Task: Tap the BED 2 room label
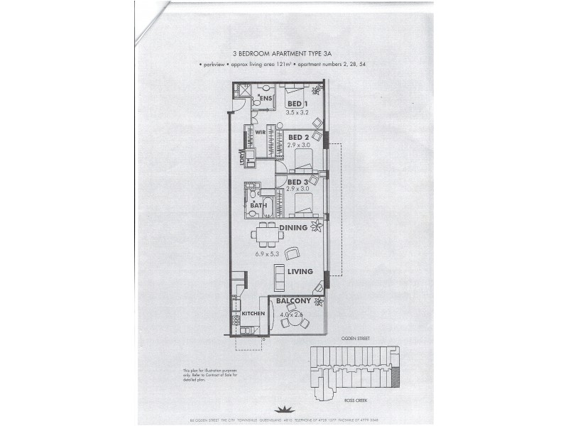[297, 137]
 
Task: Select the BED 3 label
[297, 182]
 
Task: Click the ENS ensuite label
[266, 97]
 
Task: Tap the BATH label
[258, 206]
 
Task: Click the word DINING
[293, 229]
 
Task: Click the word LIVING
[300, 271]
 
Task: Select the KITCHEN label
[253, 313]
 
